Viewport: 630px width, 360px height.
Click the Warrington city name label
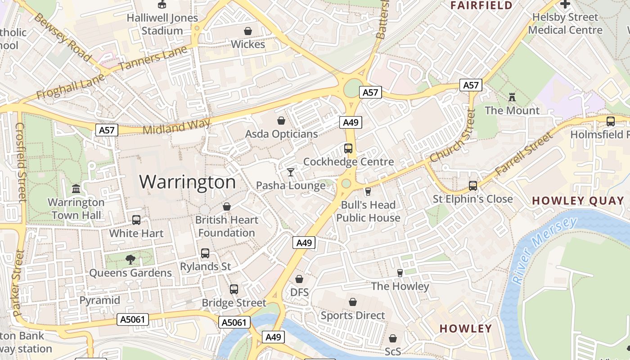[187, 182]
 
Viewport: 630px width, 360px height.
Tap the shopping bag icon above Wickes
[247, 31]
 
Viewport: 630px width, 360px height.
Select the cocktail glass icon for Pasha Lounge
[291, 172]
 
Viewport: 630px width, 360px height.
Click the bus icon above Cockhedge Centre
[348, 148]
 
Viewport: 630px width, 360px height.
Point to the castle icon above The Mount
[512, 97]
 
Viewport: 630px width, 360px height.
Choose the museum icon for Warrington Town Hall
[76, 189]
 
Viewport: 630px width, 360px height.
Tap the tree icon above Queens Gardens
[130, 259]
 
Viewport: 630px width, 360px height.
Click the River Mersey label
[545, 250]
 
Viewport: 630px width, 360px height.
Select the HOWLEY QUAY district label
[578, 201]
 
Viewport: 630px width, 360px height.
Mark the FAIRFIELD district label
[481, 5]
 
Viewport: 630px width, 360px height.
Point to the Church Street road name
[453, 136]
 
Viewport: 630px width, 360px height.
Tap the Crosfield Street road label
[21, 162]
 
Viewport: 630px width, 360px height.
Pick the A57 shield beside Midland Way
[107, 130]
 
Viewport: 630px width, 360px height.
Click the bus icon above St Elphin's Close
[472, 185]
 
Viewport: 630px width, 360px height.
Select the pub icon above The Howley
[400, 273]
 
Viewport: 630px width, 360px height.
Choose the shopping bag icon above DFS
[299, 279]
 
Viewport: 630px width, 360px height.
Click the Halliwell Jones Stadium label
[162, 24]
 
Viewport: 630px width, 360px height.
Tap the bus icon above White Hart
[136, 220]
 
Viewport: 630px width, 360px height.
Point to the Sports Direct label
[353, 315]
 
